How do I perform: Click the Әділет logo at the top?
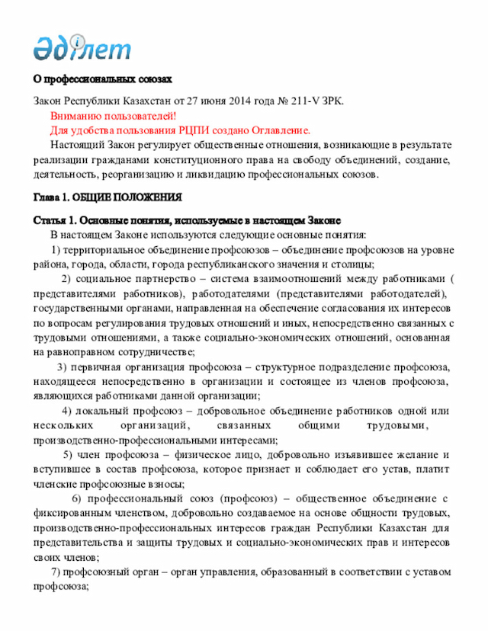point(82,47)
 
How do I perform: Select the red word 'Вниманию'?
point(80,116)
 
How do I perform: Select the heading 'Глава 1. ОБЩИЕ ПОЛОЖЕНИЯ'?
point(108,197)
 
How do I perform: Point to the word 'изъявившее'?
point(355,455)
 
